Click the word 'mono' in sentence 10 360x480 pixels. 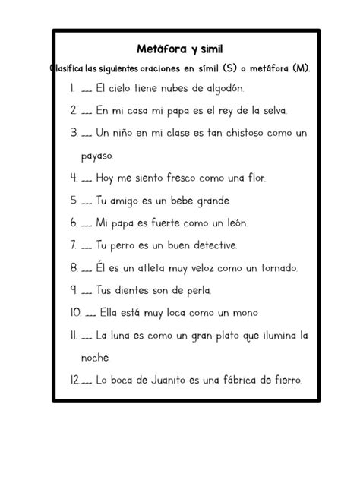(x=244, y=313)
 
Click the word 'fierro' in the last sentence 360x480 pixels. (x=283, y=380)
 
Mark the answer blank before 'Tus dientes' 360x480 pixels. (x=86, y=291)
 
